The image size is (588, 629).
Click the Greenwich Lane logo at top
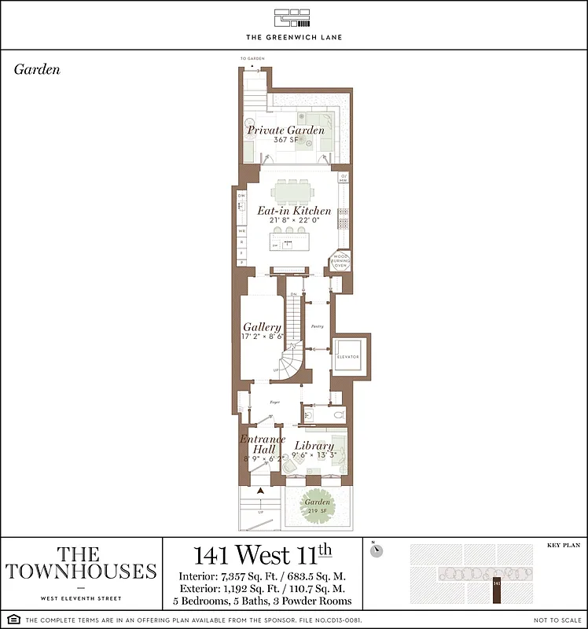click(294, 17)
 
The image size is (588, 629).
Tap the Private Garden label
click(285, 130)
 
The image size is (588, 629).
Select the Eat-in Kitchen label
click(294, 211)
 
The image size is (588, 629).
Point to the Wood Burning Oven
click(340, 261)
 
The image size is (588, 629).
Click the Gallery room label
click(262, 327)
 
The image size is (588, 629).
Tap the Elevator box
click(347, 357)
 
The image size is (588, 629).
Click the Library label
click(314, 446)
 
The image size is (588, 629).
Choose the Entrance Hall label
click(257, 444)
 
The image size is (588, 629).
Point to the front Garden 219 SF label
click(318, 506)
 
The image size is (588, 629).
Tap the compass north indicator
click(377, 550)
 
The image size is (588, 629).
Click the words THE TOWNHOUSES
click(81, 563)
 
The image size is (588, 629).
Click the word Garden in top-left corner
click(37, 69)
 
